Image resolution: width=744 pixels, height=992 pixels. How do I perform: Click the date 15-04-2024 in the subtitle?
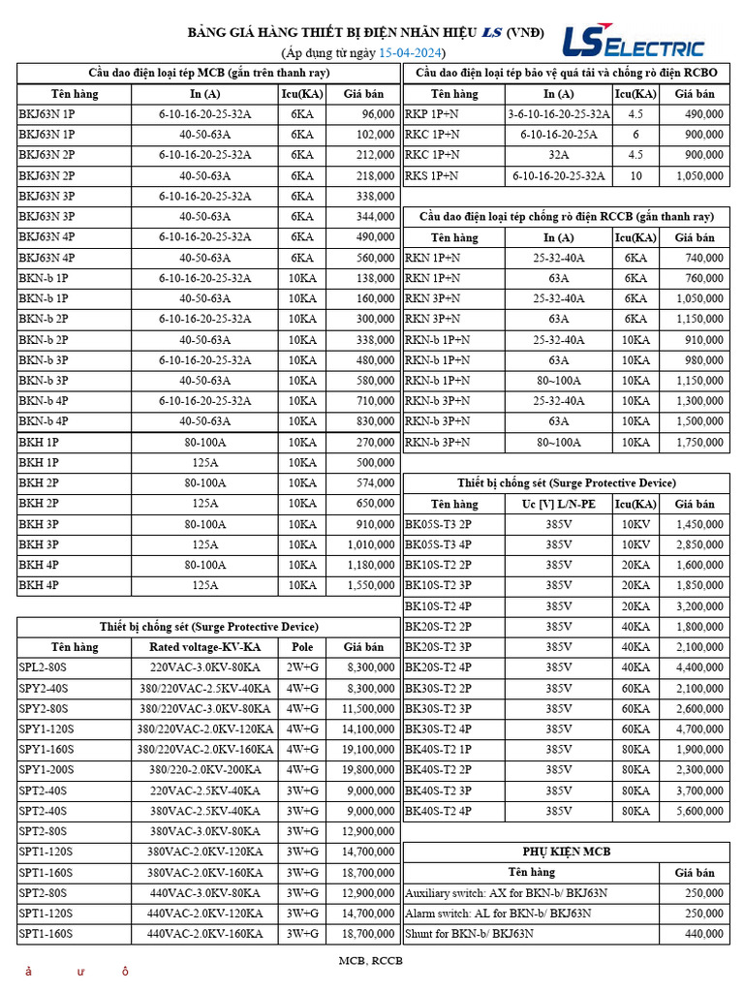pos(411,53)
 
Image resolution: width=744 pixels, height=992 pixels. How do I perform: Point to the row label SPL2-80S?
pos(45,667)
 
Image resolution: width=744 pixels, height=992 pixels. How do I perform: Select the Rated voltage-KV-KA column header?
pos(204,647)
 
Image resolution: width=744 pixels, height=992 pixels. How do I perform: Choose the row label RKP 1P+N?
pos(432,114)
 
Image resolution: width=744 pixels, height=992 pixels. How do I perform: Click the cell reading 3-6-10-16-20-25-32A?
pos(559,114)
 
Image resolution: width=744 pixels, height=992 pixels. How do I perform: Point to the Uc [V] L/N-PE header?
pos(559,504)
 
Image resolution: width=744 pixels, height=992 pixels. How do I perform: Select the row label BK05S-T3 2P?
pos(438,524)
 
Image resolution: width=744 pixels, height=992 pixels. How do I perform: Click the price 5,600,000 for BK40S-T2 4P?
pos(698,811)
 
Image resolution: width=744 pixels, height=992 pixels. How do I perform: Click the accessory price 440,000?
pos(702,933)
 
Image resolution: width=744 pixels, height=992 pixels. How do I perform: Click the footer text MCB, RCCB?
pos(370,961)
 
